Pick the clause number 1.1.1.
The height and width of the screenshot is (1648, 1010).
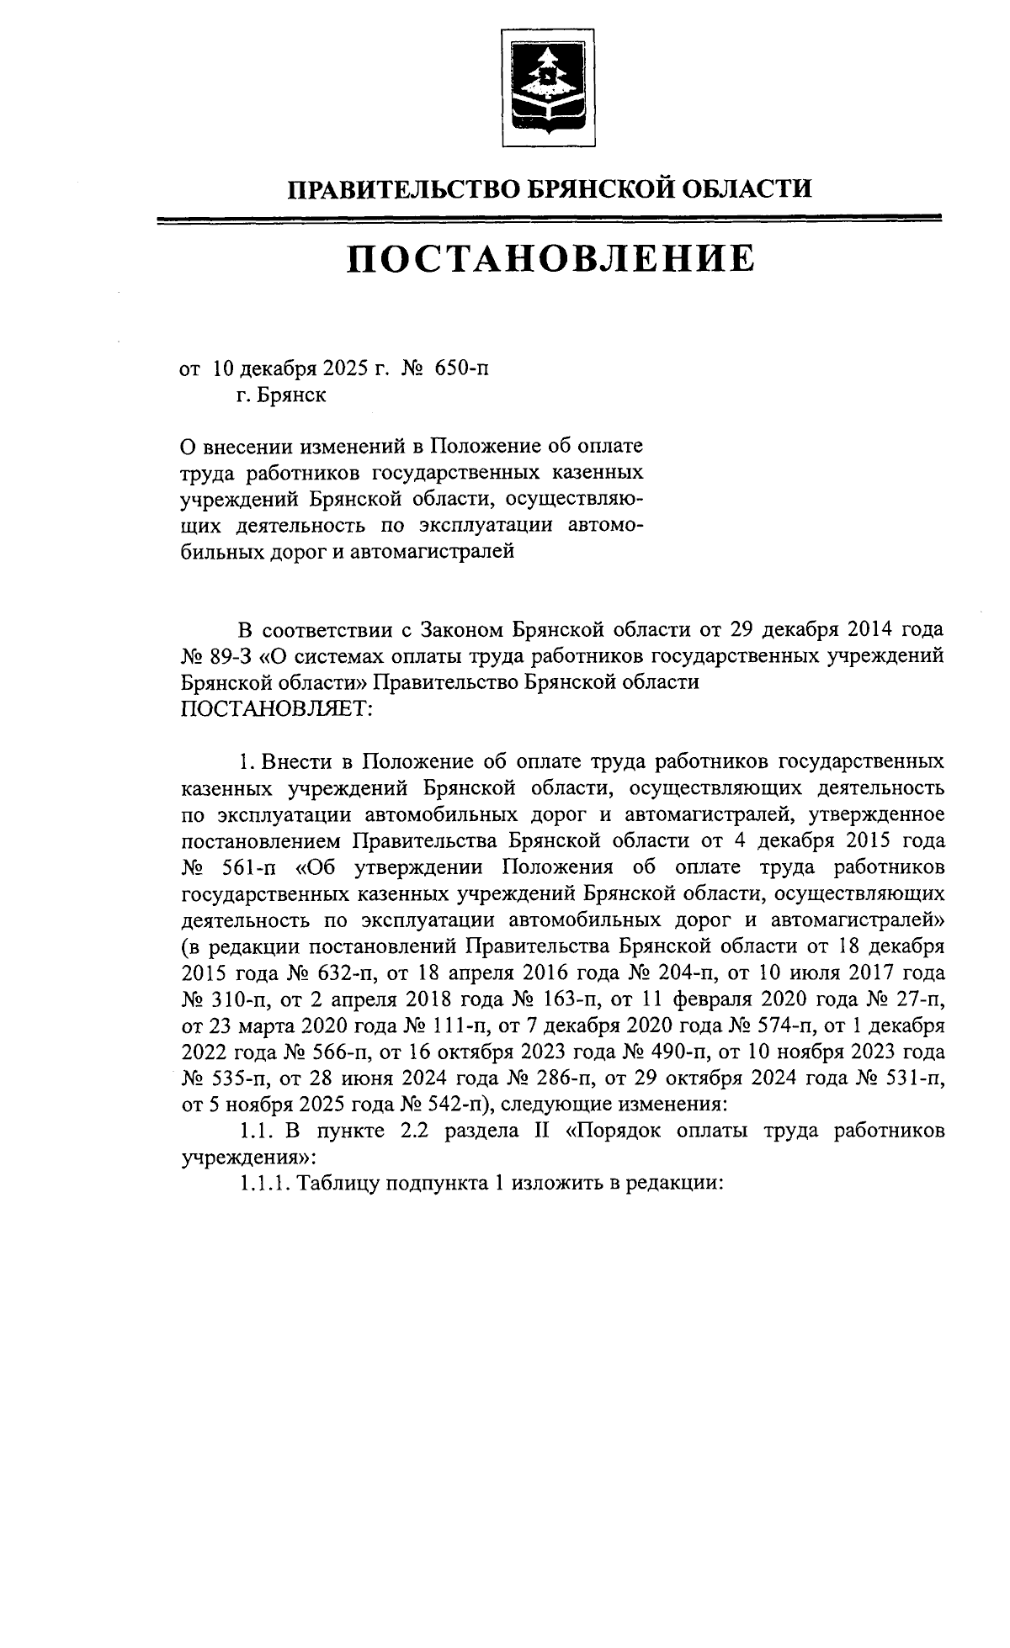pyautogui.click(x=264, y=1183)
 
